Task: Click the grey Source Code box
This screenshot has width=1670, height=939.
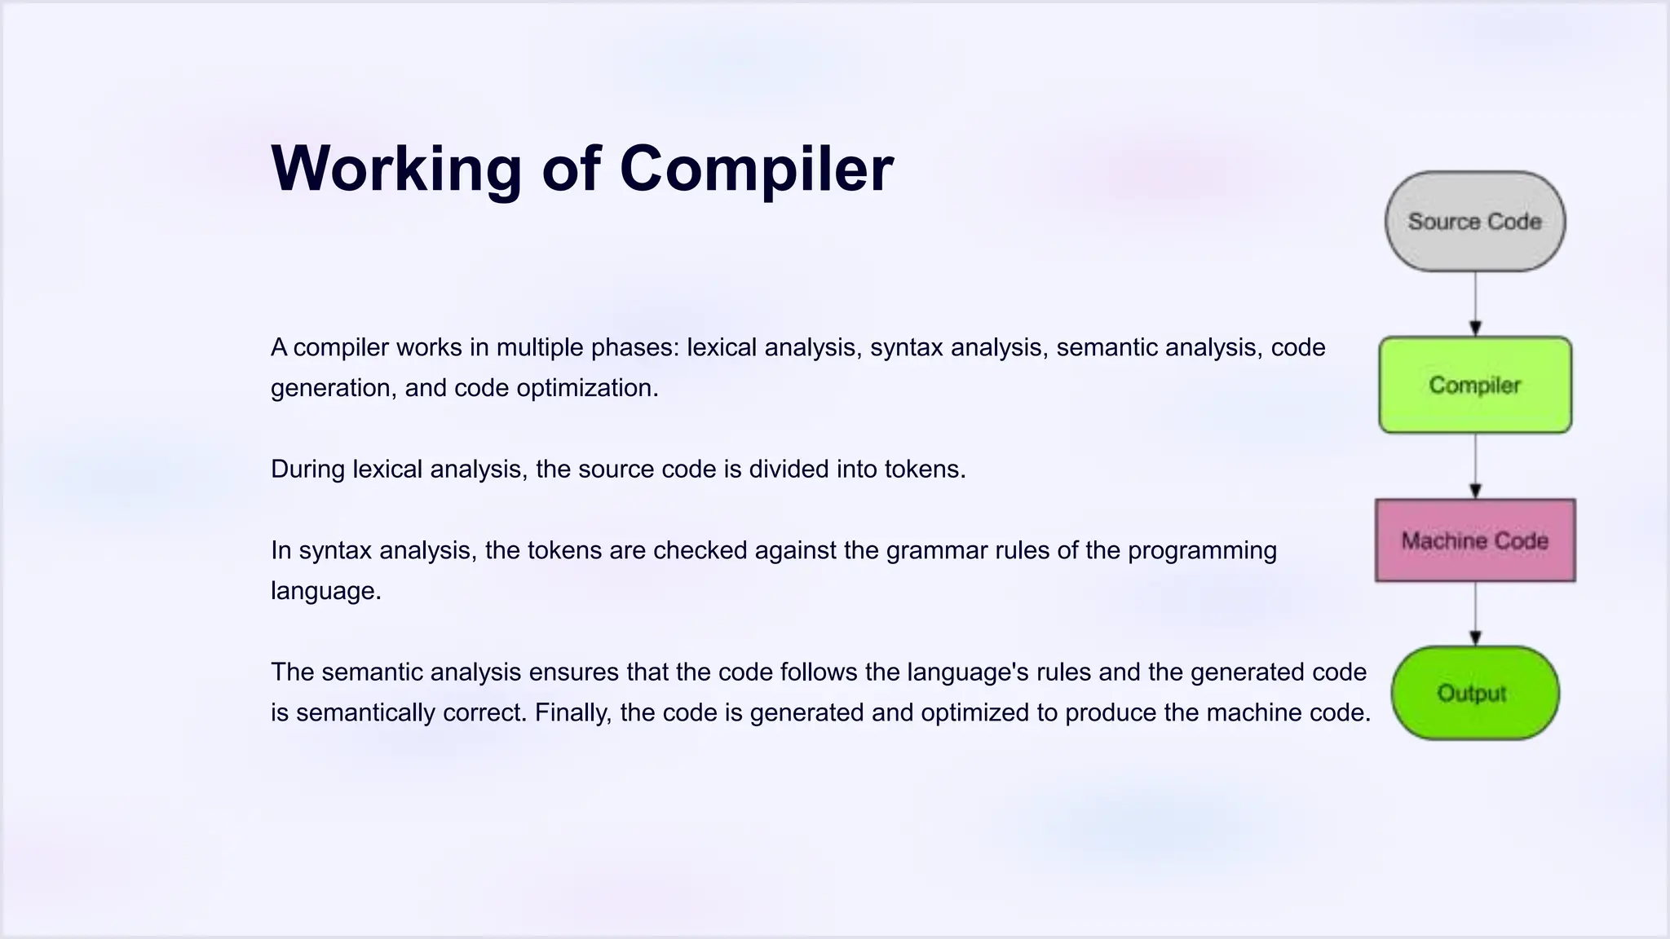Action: click(1474, 222)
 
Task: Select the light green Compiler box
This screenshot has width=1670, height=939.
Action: click(1474, 385)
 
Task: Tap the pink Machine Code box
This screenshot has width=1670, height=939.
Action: click(1474, 540)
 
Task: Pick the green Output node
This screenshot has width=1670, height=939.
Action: click(1474, 693)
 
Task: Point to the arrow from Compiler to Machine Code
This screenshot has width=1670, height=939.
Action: click(1475, 465)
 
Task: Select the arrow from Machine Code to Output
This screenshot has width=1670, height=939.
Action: click(1475, 614)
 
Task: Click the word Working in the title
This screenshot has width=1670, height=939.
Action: click(395, 170)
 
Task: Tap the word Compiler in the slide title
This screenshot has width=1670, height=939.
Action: click(756, 170)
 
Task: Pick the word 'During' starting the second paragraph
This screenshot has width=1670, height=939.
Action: click(307, 469)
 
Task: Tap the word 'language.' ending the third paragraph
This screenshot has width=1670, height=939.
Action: click(326, 591)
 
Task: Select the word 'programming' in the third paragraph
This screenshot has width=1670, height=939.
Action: click(1202, 551)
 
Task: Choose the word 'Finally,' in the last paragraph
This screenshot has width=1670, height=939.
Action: click(573, 713)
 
